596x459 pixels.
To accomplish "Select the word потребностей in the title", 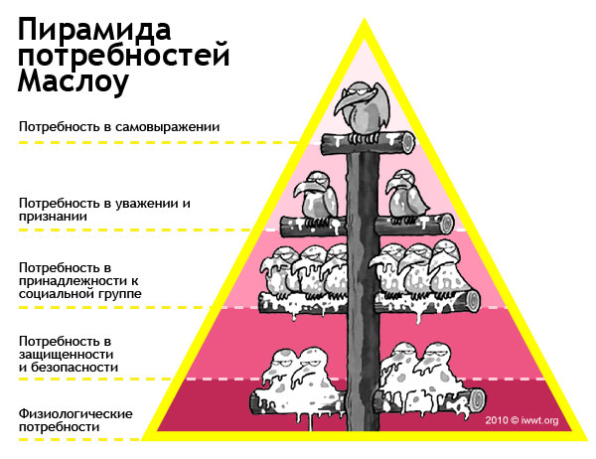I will point(124,55).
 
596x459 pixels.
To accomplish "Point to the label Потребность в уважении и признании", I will point(104,209).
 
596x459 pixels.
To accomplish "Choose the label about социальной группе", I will point(79,281).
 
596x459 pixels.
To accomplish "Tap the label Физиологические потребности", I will point(75,419).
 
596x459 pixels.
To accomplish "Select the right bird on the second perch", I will point(408,195).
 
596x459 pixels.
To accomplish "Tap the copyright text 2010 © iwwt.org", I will point(523,420).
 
